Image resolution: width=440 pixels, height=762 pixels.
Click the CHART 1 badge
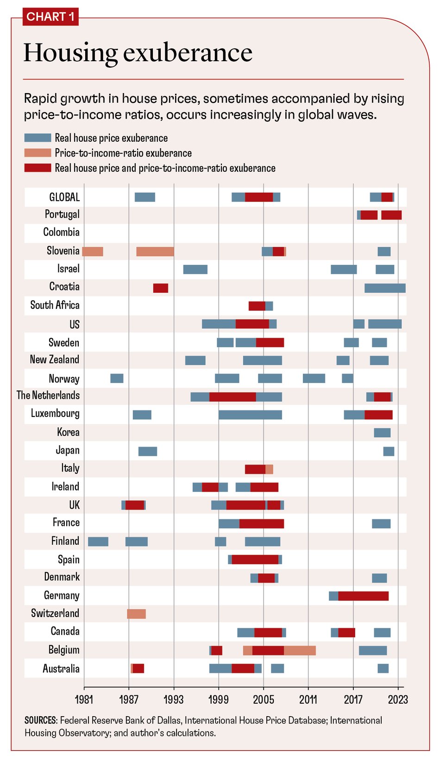[50, 17]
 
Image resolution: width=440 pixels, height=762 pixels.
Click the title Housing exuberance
[138, 52]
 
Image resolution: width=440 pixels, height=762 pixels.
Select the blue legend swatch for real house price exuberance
[38, 138]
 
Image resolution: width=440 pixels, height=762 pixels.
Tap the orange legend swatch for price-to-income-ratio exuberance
[38, 153]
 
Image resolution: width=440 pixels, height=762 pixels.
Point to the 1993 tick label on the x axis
[174, 699]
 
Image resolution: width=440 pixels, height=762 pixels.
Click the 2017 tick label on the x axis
[353, 699]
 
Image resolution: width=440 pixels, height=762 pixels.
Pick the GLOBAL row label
[64, 197]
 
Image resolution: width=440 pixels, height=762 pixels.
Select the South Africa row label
[55, 305]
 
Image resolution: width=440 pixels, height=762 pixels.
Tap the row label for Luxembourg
[55, 413]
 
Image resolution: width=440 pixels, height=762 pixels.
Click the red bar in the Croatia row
[161, 288]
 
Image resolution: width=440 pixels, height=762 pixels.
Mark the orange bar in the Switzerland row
[137, 614]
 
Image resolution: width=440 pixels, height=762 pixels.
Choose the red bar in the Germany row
[363, 596]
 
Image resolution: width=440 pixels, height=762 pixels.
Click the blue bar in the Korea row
[382, 433]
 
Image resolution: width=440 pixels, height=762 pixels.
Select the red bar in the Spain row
[255, 560]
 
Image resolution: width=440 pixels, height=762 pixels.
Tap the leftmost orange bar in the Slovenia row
[93, 252]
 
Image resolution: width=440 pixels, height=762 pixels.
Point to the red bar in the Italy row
[255, 469]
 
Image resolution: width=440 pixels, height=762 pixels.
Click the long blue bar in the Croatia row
[385, 288]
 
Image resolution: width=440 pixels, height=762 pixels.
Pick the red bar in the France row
[261, 523]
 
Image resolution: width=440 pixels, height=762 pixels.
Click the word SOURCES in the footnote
[41, 720]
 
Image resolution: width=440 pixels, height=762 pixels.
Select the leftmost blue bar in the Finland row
[98, 542]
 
